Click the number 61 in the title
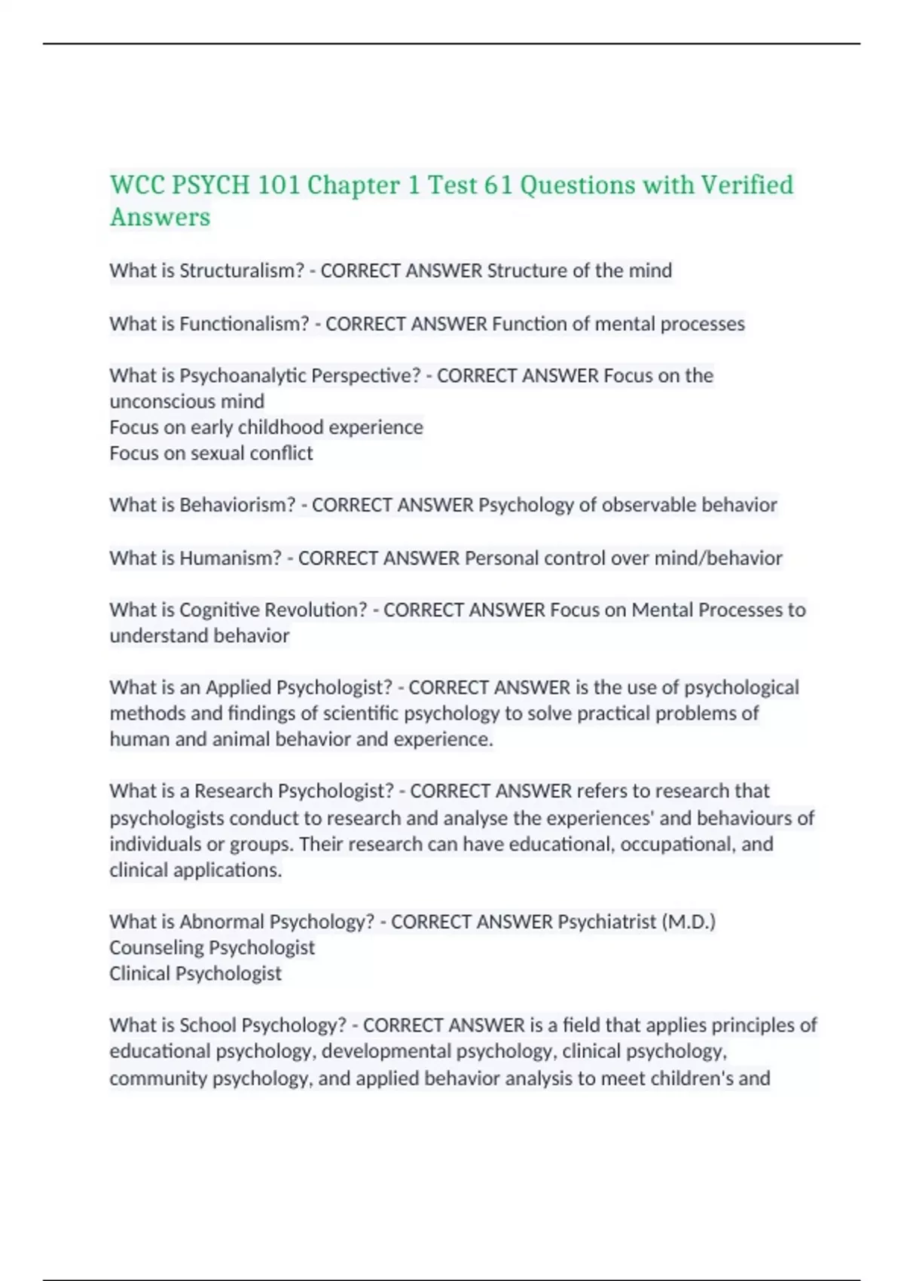[498, 185]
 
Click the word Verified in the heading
[747, 185]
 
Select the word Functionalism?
[244, 324]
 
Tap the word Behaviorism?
[237, 505]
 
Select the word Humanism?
[231, 558]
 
